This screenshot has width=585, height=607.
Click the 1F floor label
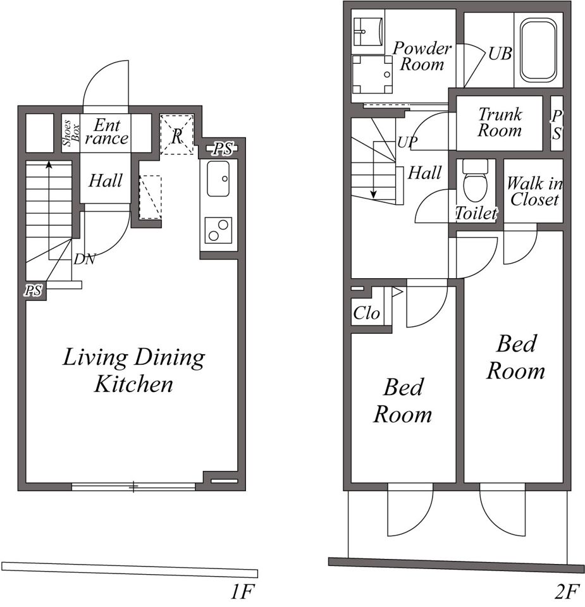242,592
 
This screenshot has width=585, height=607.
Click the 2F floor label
568,592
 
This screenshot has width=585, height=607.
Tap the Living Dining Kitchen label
133,370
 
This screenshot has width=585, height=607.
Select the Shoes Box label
71,133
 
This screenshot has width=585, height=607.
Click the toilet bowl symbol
475,181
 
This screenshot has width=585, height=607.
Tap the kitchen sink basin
218,178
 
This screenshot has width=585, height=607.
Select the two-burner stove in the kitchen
218,230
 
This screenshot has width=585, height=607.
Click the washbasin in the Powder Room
368,32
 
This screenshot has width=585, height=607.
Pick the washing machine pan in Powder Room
372,74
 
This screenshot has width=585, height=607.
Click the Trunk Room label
500,122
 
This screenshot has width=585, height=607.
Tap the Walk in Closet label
534,191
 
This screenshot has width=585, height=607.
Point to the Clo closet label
366,313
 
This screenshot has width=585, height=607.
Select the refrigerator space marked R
177,134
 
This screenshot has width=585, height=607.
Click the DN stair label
84,259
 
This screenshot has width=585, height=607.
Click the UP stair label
407,142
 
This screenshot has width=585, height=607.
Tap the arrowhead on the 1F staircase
49,164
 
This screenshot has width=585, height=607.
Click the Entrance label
106,132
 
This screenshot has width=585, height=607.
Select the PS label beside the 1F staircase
34,290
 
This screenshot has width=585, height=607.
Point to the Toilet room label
476,213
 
